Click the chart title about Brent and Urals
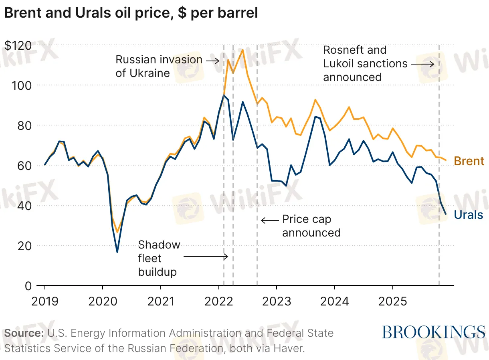pyautogui.click(x=131, y=13)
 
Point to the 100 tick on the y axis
pyautogui.click(x=25, y=85)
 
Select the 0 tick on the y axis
pyautogui.click(x=28, y=286)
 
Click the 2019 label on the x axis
pyautogui.click(x=45, y=301)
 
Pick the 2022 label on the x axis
pyautogui.click(x=219, y=301)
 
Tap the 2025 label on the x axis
pyautogui.click(x=392, y=301)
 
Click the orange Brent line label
pyautogui.click(x=469, y=161)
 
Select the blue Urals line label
pyautogui.click(x=469, y=215)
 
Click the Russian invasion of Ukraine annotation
pyautogui.click(x=159, y=66)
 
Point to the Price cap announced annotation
pyautogui.click(x=311, y=226)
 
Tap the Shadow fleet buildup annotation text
pyautogui.click(x=159, y=258)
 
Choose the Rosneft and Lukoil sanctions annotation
pyautogui.click(x=365, y=63)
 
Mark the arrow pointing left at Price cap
pyautogui.click(x=269, y=220)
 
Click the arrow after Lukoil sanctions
pyautogui.click(x=422, y=64)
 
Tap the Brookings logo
pyautogui.click(x=433, y=332)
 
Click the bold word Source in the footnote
pyautogui.click(x=24, y=333)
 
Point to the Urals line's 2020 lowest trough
pyautogui.click(x=117, y=252)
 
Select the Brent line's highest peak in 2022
pyautogui.click(x=242, y=50)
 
